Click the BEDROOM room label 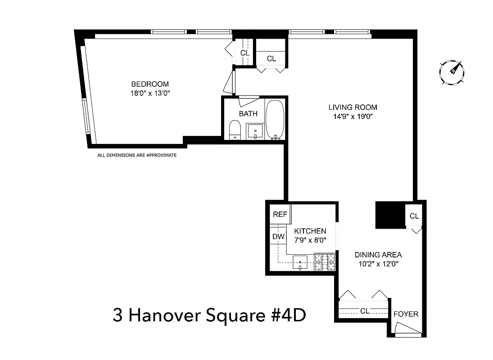coord(150,84)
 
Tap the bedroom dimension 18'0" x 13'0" coord(150,93)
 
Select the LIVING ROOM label coord(353,108)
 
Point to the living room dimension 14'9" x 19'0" coord(353,117)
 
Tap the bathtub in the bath coord(274,119)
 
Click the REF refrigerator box coord(280,214)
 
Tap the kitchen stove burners coord(325,261)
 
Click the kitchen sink coord(300,261)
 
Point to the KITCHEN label coord(310,231)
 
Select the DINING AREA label coord(378,255)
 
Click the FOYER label coord(406,314)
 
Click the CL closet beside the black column coord(414,216)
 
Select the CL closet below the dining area coord(364,310)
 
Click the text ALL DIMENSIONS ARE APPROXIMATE coord(137,155)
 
